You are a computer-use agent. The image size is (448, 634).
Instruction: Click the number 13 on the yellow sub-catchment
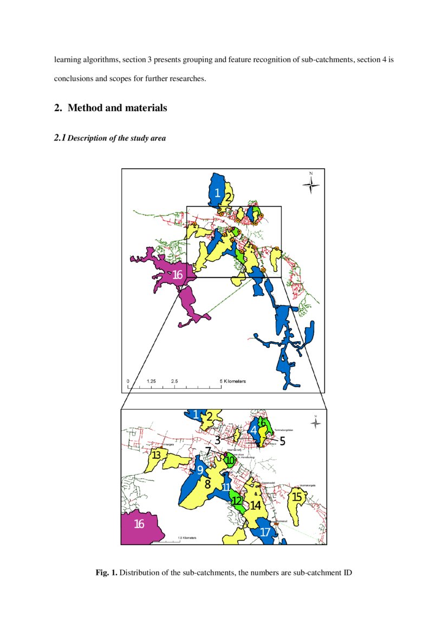tap(156, 454)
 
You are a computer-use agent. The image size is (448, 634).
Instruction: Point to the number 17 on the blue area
tap(265, 532)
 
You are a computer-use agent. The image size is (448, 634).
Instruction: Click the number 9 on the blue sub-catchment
tap(200, 470)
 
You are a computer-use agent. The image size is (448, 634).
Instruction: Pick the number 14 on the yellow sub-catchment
tap(256, 505)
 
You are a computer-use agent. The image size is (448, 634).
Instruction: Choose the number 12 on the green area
tap(237, 501)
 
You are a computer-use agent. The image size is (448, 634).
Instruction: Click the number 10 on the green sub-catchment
tap(230, 460)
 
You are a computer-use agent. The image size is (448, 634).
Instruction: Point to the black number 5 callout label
tap(282, 441)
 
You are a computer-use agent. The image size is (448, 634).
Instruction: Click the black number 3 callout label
tap(217, 440)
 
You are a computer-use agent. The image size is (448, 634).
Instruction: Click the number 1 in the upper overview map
tap(217, 193)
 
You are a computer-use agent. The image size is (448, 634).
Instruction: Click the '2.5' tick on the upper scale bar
tap(174, 381)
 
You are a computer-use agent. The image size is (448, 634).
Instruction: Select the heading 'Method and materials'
tap(117, 108)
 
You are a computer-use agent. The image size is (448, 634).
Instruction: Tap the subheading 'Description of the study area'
tap(116, 138)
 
